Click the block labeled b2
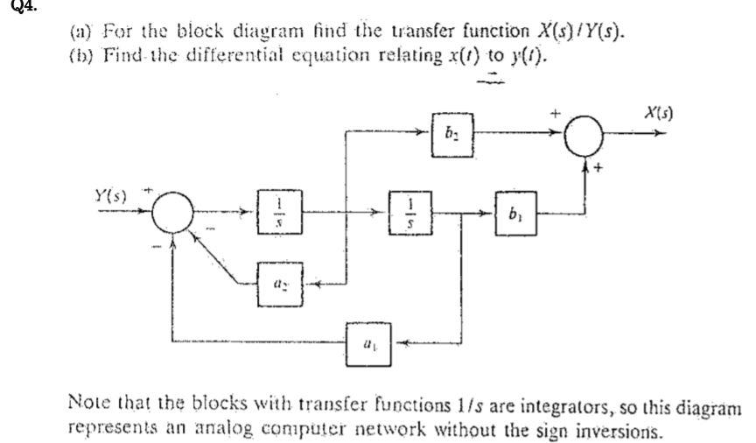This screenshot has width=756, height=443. (452, 133)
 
